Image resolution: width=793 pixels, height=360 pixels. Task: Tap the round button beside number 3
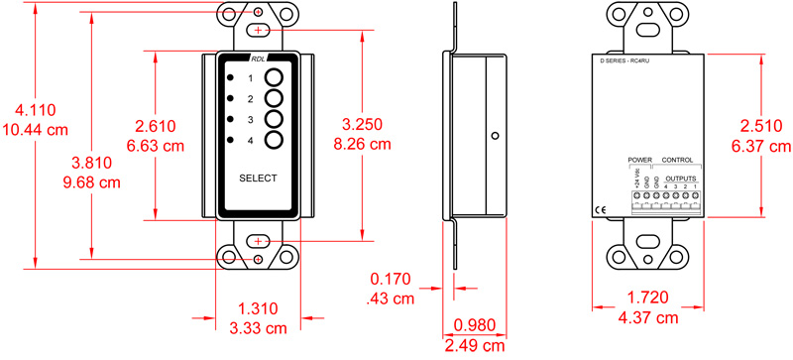tap(277, 120)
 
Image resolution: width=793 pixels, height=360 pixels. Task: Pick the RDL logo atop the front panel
tap(258, 60)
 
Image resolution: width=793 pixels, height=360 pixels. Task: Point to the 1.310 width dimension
tap(259, 308)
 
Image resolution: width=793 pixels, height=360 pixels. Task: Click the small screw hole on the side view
tap(492, 135)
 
